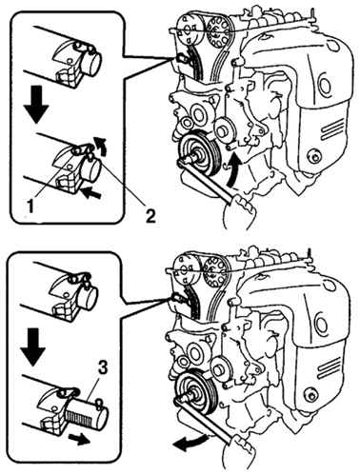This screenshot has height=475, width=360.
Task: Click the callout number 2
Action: point(150,216)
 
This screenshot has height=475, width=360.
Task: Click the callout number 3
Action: point(102,368)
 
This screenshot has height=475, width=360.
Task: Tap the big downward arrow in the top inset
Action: point(37,104)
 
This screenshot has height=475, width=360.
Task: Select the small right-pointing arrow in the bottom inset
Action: point(79,440)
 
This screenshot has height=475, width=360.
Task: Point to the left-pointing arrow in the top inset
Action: point(91,192)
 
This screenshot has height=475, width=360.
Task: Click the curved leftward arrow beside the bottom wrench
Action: point(191,444)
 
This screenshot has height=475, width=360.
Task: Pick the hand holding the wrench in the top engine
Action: point(239,211)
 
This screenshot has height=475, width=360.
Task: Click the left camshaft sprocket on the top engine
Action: point(190,30)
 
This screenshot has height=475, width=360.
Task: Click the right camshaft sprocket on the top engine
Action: point(218,32)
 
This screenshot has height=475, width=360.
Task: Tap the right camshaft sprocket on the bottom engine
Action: point(215,272)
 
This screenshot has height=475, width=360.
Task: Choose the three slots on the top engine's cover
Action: point(332,128)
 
